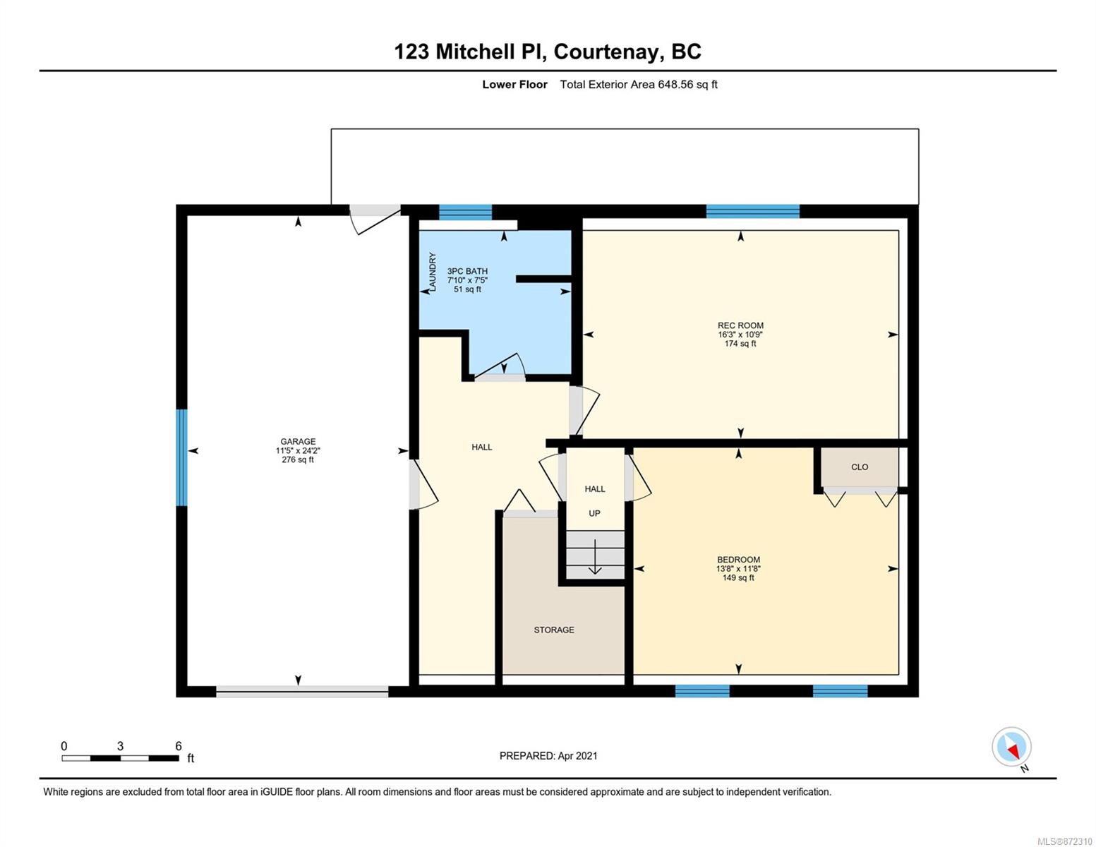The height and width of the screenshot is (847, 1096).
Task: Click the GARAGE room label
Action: [x=298, y=441]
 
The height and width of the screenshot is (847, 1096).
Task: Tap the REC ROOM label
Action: [x=740, y=325]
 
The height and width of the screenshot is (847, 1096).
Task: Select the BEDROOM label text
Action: [x=738, y=560]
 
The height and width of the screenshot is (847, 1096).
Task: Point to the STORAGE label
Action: [x=554, y=630]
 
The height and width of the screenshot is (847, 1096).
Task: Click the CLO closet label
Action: [x=860, y=467]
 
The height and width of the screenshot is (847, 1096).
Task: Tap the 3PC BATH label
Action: [x=467, y=271]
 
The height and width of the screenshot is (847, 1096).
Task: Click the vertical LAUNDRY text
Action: [x=432, y=272]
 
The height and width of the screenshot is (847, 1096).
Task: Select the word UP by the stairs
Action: [x=594, y=513]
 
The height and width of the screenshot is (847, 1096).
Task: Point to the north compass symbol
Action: [x=1011, y=747]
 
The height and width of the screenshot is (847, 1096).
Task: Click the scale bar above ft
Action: [x=120, y=757]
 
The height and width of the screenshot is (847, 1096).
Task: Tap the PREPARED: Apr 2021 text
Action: [x=548, y=756]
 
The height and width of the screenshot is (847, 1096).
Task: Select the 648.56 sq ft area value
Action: [x=687, y=85]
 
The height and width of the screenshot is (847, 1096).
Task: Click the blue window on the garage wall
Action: [x=181, y=457]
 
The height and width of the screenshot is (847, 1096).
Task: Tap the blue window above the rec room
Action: [x=752, y=211]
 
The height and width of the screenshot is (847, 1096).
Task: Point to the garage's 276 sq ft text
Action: [x=298, y=459]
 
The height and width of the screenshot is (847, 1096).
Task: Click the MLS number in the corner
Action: [x=1064, y=841]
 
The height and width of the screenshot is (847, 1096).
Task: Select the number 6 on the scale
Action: [x=178, y=745]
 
